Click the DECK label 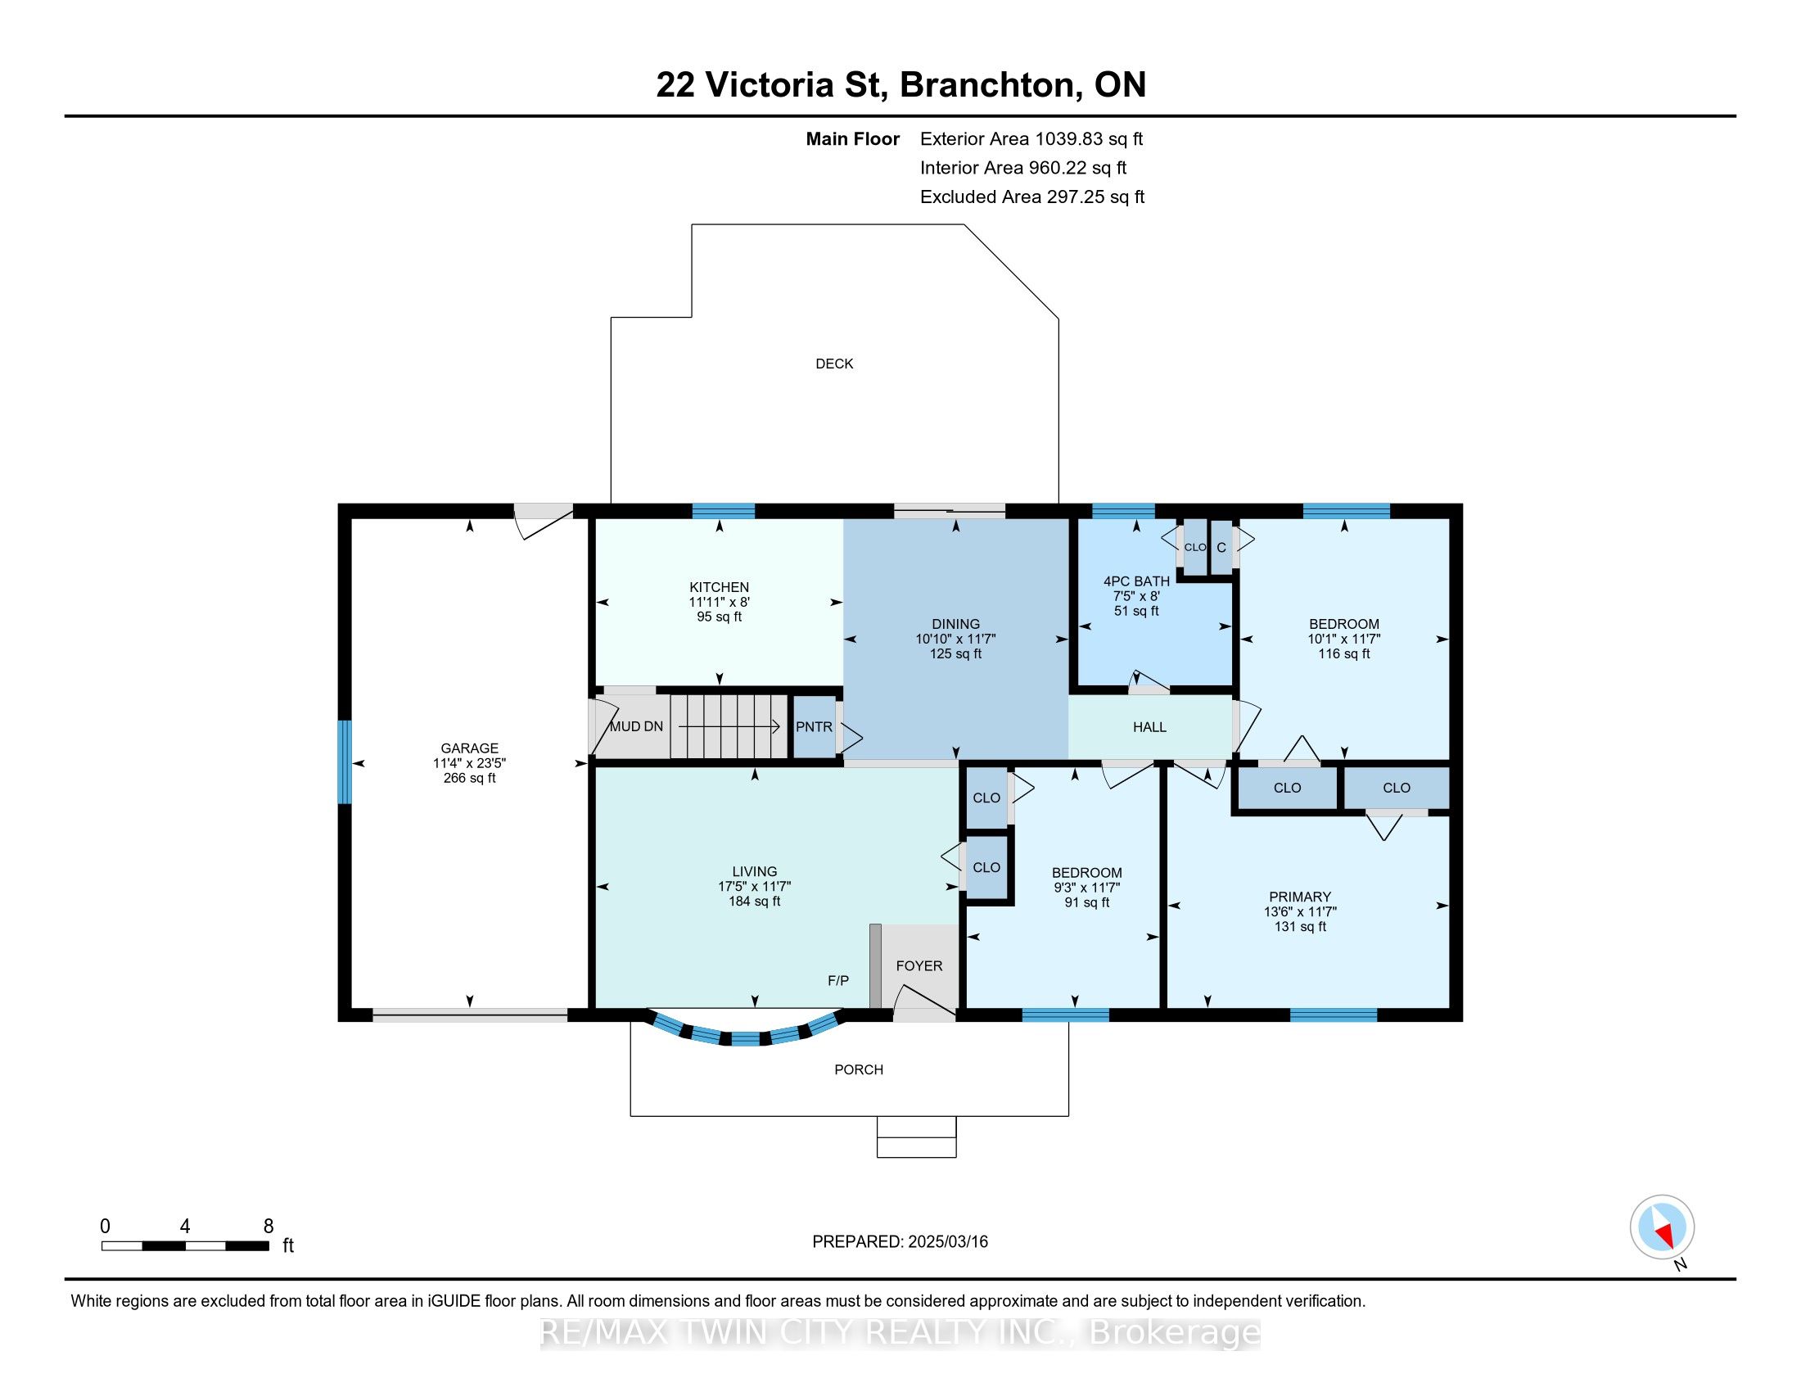click(833, 364)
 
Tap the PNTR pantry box click(814, 726)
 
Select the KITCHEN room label click(719, 587)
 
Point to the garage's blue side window click(345, 762)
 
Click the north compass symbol click(1662, 1227)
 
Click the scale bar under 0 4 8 click(186, 1245)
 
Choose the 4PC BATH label click(1136, 581)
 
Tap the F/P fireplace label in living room click(837, 980)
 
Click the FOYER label click(919, 965)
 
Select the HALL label click(1149, 726)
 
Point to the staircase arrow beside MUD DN click(729, 726)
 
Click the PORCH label click(859, 1069)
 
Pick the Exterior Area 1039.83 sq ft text click(1031, 138)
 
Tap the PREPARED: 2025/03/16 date click(900, 1241)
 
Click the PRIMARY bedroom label click(1300, 897)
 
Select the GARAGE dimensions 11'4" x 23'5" click(469, 763)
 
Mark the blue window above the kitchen click(723, 510)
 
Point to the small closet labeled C click(1221, 548)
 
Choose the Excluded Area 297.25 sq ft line click(1032, 197)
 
